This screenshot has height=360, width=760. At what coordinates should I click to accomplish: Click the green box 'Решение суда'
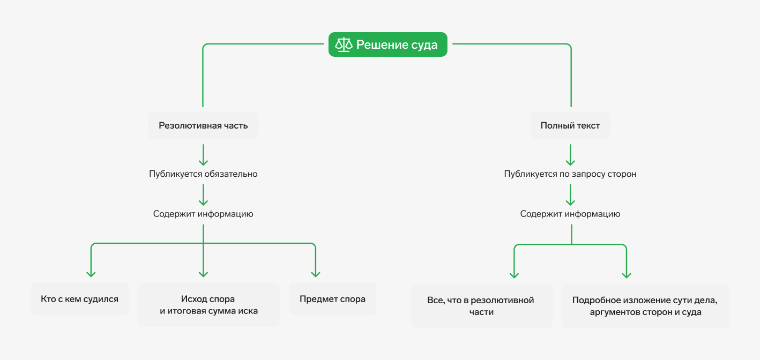[388, 44]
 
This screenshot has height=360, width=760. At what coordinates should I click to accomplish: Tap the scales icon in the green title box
[343, 44]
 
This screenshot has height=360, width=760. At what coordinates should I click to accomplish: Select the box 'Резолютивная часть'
[203, 125]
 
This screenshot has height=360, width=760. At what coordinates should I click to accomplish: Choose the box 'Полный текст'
[570, 125]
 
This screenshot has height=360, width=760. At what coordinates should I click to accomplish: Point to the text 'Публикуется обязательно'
[203, 174]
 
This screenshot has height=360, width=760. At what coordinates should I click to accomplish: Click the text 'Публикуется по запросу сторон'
[570, 174]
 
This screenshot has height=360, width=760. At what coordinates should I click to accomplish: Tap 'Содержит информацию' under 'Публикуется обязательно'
[203, 214]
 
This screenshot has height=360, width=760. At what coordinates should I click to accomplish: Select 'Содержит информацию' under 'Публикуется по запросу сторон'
[570, 214]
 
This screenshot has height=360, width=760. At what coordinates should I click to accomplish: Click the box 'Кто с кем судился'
[79, 299]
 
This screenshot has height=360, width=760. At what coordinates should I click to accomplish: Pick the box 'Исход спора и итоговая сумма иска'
[209, 305]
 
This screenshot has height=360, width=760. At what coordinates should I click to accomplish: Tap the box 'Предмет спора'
[332, 299]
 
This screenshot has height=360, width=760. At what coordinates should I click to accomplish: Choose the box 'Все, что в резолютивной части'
[481, 306]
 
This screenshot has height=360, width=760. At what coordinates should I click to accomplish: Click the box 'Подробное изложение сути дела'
[645, 306]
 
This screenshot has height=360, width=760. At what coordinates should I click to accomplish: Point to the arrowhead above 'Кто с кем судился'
[91, 273]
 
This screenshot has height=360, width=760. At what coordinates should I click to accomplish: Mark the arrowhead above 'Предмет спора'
[316, 273]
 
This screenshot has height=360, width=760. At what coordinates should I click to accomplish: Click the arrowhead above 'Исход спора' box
[203, 273]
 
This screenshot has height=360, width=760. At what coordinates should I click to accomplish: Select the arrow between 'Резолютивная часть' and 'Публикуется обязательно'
[203, 155]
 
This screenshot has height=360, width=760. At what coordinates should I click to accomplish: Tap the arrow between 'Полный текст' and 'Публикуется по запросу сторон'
[570, 155]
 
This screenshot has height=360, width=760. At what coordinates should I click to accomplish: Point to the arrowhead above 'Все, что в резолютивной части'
[515, 274]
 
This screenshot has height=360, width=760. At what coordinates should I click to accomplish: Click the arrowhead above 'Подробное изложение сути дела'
[626, 274]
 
